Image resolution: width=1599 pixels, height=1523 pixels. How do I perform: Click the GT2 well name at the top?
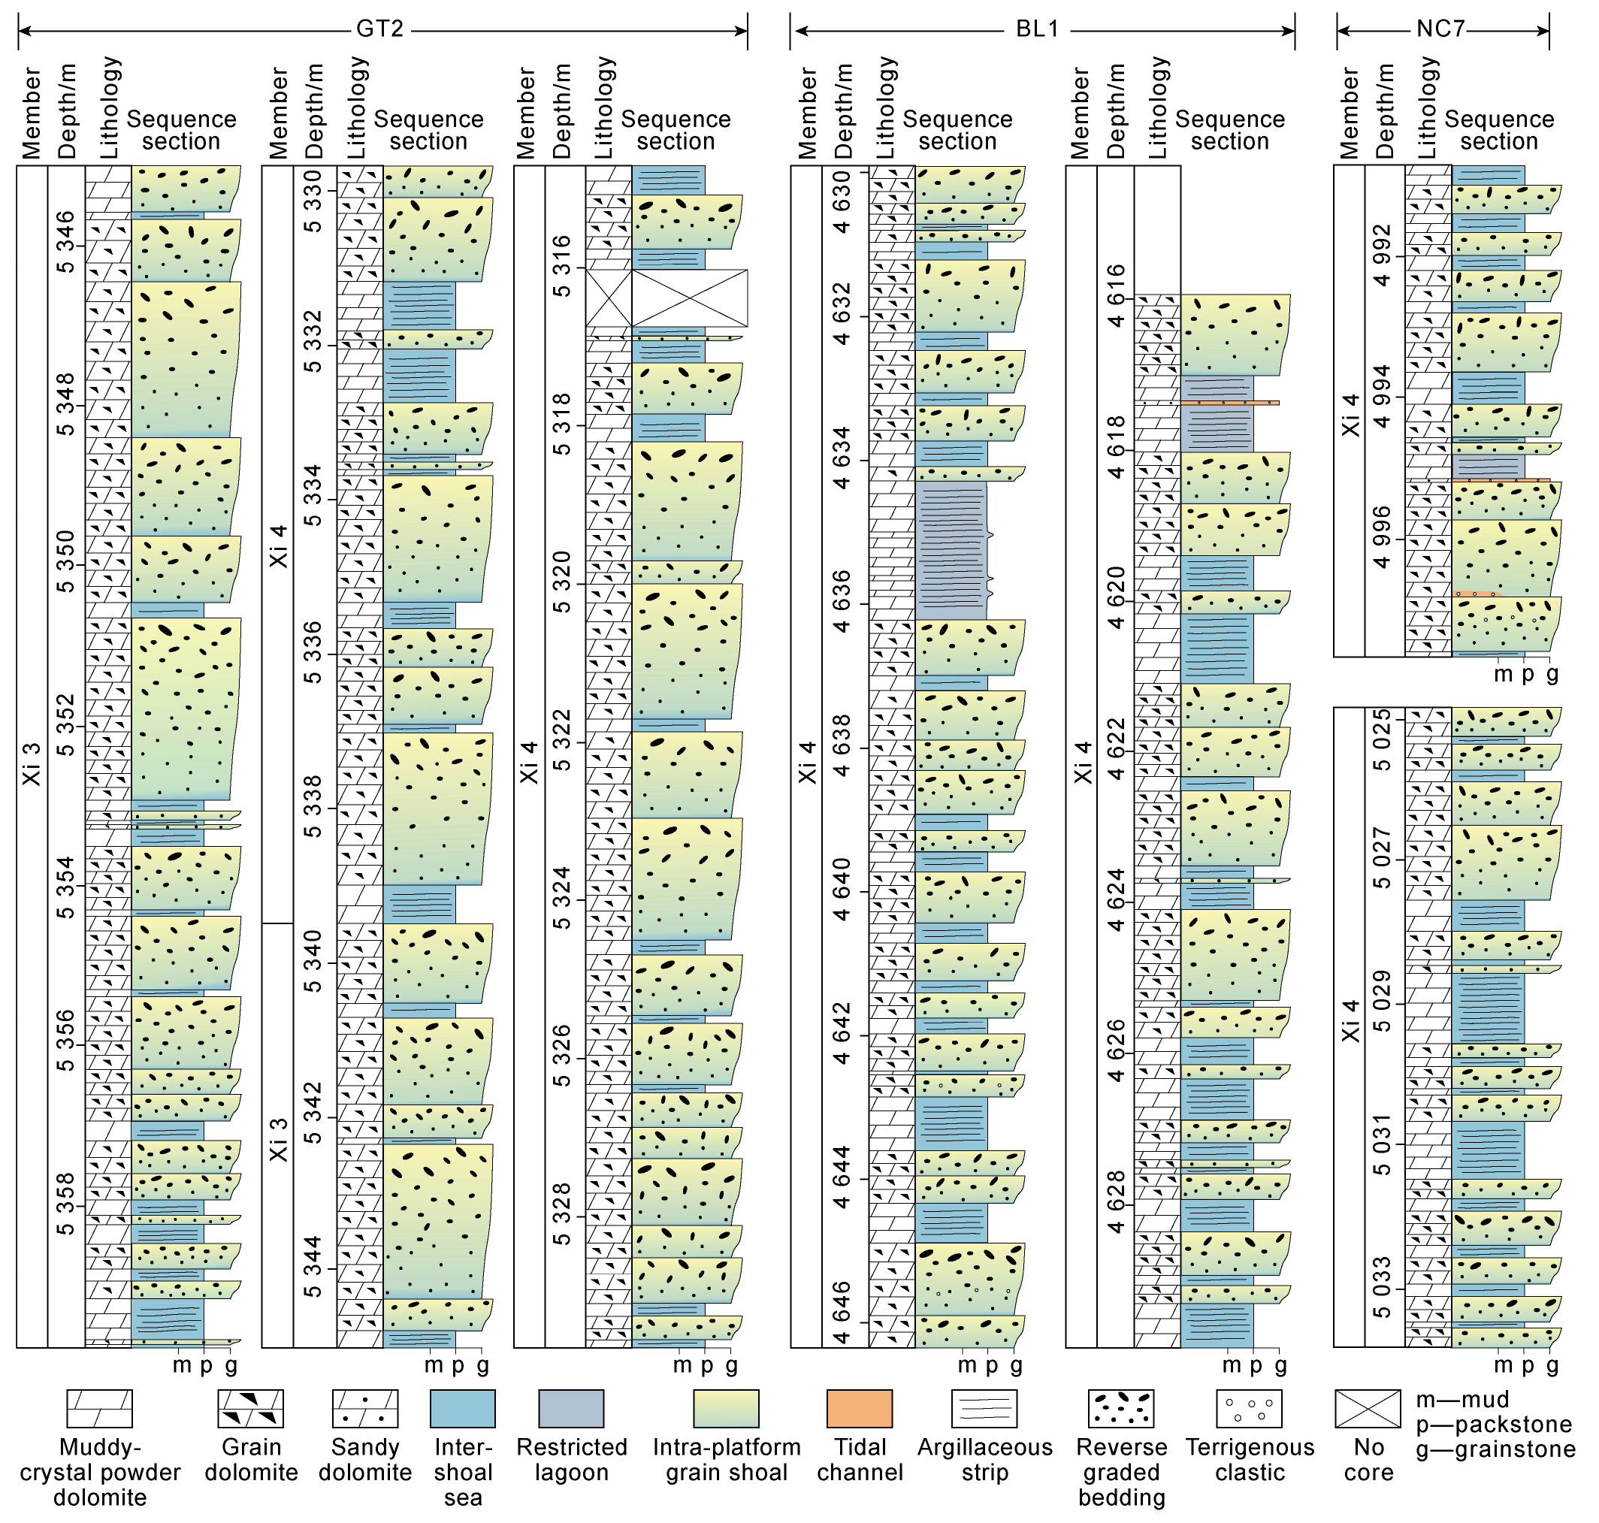pos(380,29)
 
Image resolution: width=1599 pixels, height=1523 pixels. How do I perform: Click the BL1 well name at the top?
pos(1037,29)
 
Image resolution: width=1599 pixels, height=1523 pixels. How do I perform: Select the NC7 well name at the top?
pos(1440,29)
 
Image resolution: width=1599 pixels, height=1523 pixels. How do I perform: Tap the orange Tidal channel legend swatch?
pos(859,1409)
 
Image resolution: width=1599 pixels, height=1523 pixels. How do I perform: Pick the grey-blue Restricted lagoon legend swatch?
pos(570,1409)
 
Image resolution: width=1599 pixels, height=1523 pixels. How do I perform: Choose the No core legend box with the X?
pos(1368,1409)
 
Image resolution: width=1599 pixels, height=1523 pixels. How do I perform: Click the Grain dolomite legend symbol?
pos(251,1409)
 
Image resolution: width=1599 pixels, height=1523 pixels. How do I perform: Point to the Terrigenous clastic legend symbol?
pos(1249,1409)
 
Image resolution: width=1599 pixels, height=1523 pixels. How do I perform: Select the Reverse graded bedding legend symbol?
pos(1121,1409)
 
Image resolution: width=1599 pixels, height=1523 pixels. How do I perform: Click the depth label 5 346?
pos(65,243)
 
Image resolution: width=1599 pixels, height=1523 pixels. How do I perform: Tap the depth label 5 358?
pos(65,1204)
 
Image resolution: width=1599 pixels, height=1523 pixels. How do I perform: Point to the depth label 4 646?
pos(842,1313)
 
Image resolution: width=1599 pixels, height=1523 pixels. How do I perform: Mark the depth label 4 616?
pos(1117,295)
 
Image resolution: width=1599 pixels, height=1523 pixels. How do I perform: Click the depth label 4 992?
pos(1383,255)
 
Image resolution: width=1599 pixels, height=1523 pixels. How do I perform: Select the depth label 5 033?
pos(1383,1288)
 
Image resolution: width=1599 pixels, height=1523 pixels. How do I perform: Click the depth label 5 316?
pos(562,266)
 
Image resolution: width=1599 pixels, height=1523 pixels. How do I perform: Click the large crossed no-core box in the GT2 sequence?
pos(689,298)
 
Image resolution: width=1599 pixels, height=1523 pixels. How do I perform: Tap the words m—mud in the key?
pos(1463,1400)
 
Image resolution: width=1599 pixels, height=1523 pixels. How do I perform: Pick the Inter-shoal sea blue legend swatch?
pos(463,1409)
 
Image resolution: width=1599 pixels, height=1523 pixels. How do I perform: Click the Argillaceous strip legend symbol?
pos(984,1409)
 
